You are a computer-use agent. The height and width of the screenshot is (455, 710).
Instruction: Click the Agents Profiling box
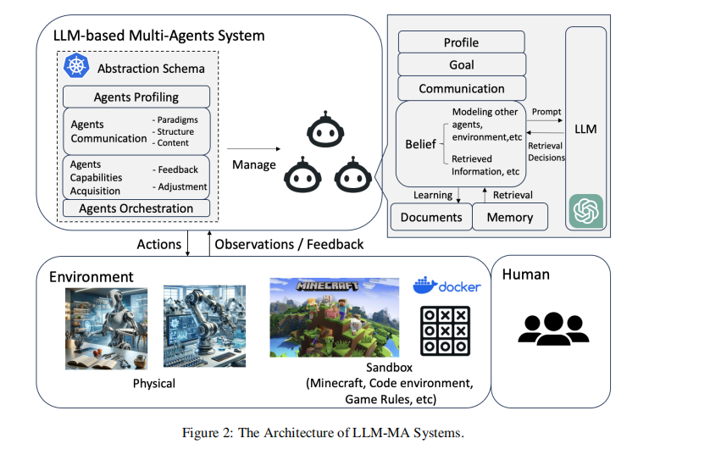(x=136, y=97)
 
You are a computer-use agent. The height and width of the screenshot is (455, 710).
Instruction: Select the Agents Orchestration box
(x=136, y=208)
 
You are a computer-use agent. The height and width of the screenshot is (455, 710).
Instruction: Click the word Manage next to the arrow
(x=253, y=164)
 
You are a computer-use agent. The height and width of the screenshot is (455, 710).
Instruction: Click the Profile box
(x=461, y=42)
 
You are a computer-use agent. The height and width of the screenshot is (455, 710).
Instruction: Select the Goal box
(x=461, y=65)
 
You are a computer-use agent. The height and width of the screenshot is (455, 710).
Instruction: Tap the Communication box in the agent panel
(x=461, y=88)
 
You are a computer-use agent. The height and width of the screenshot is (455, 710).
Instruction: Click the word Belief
(x=420, y=145)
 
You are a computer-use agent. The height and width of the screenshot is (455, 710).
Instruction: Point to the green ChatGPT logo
(x=585, y=210)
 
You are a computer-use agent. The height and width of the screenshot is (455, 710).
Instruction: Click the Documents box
(x=431, y=217)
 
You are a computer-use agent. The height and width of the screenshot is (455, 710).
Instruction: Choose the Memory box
(x=509, y=217)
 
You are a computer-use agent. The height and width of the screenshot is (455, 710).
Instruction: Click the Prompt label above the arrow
(x=546, y=111)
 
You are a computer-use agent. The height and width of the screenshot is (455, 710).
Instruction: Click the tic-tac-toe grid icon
(x=446, y=330)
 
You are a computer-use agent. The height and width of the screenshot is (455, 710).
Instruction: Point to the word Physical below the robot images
(x=154, y=383)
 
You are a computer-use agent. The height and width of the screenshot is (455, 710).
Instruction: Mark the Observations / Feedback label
(x=289, y=244)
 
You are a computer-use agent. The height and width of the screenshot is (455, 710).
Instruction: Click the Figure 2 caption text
(x=323, y=433)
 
